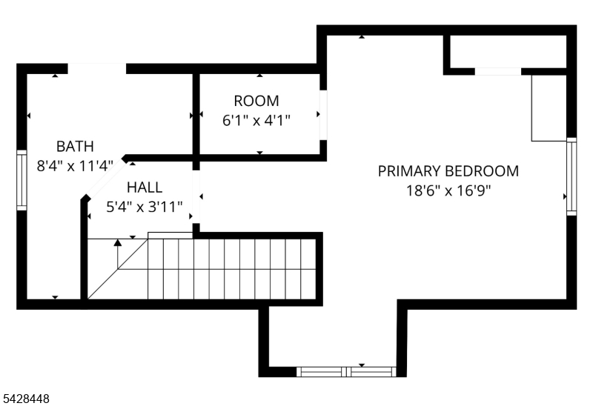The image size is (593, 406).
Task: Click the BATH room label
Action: coord(75,146)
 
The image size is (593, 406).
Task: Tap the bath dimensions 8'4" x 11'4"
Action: coord(75,165)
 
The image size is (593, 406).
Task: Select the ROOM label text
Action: coord(256,101)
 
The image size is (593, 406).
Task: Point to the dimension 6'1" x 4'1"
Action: coord(256,121)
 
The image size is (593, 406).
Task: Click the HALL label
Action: coord(145,187)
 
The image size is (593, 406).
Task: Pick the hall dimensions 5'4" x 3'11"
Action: coord(145,207)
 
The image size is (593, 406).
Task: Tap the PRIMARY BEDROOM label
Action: coord(448,171)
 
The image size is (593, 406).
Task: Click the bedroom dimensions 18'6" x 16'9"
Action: coord(448,190)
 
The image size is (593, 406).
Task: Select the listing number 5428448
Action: coord(26,399)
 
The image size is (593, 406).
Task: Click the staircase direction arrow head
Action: coord(118,243)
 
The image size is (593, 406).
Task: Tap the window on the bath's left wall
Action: coord(22,180)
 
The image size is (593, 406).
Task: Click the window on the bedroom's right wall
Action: coord(572,176)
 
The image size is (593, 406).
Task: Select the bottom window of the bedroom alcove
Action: coord(346,372)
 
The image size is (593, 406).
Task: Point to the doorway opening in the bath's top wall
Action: coord(97,69)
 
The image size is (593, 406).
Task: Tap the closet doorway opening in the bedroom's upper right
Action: coord(498,71)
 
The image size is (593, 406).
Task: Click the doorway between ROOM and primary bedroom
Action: coord(323,115)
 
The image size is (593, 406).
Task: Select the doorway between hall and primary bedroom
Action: coord(196,196)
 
